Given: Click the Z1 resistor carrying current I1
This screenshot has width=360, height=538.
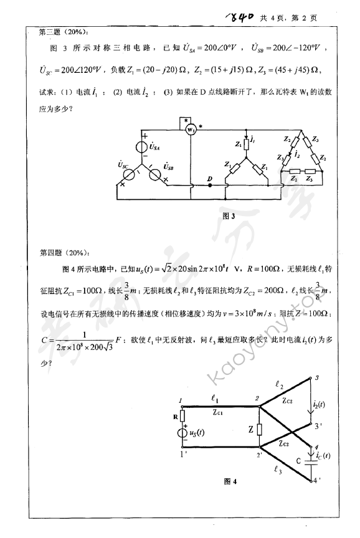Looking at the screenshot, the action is [x=247, y=145].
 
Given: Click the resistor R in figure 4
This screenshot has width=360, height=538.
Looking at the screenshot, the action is [x=181, y=417].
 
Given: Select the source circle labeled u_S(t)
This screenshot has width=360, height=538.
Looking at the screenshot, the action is [x=181, y=433].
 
